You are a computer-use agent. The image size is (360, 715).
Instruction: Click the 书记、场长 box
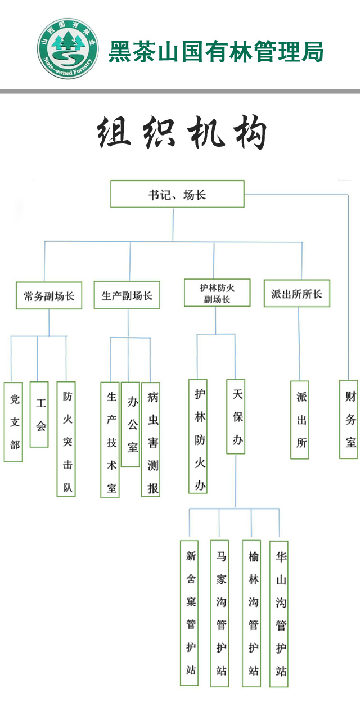(x=177, y=194)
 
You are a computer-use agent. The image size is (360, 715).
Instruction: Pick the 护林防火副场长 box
(x=217, y=294)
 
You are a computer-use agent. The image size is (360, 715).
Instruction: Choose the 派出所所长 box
(x=297, y=294)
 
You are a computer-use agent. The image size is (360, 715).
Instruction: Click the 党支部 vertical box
(x=13, y=422)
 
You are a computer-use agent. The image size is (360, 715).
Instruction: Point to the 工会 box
(x=39, y=415)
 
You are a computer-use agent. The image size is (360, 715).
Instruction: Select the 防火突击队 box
(x=66, y=439)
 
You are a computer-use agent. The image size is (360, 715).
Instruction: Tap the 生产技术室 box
(x=110, y=440)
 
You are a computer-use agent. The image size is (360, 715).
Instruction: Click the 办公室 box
(x=130, y=424)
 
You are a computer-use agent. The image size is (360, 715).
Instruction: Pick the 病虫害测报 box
(x=151, y=440)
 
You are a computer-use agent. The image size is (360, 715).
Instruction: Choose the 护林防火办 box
(x=198, y=437)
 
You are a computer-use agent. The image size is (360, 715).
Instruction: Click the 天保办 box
(x=236, y=417)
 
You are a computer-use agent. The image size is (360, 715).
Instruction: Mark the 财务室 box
(x=349, y=420)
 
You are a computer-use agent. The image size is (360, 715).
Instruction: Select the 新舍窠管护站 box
(x=190, y=613)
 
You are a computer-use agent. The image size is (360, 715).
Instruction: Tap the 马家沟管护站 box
(x=219, y=613)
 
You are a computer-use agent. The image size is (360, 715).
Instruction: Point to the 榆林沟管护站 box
(x=251, y=613)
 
